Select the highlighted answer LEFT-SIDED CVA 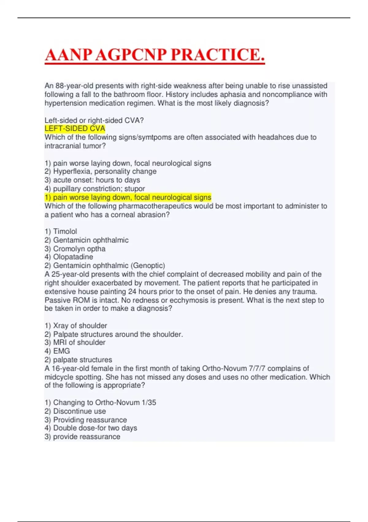click(75, 129)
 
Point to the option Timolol click(65, 231)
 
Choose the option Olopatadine click(73, 257)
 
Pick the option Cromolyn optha click(79, 248)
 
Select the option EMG click(61, 351)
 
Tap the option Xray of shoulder click(80, 325)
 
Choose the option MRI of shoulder click(79, 342)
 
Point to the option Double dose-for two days click(95, 428)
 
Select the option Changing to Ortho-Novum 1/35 click(105, 402)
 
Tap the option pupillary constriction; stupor click(99, 189)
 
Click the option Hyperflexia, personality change click(105, 171)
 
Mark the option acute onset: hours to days click(96, 180)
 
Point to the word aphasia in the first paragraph click(233, 94)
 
